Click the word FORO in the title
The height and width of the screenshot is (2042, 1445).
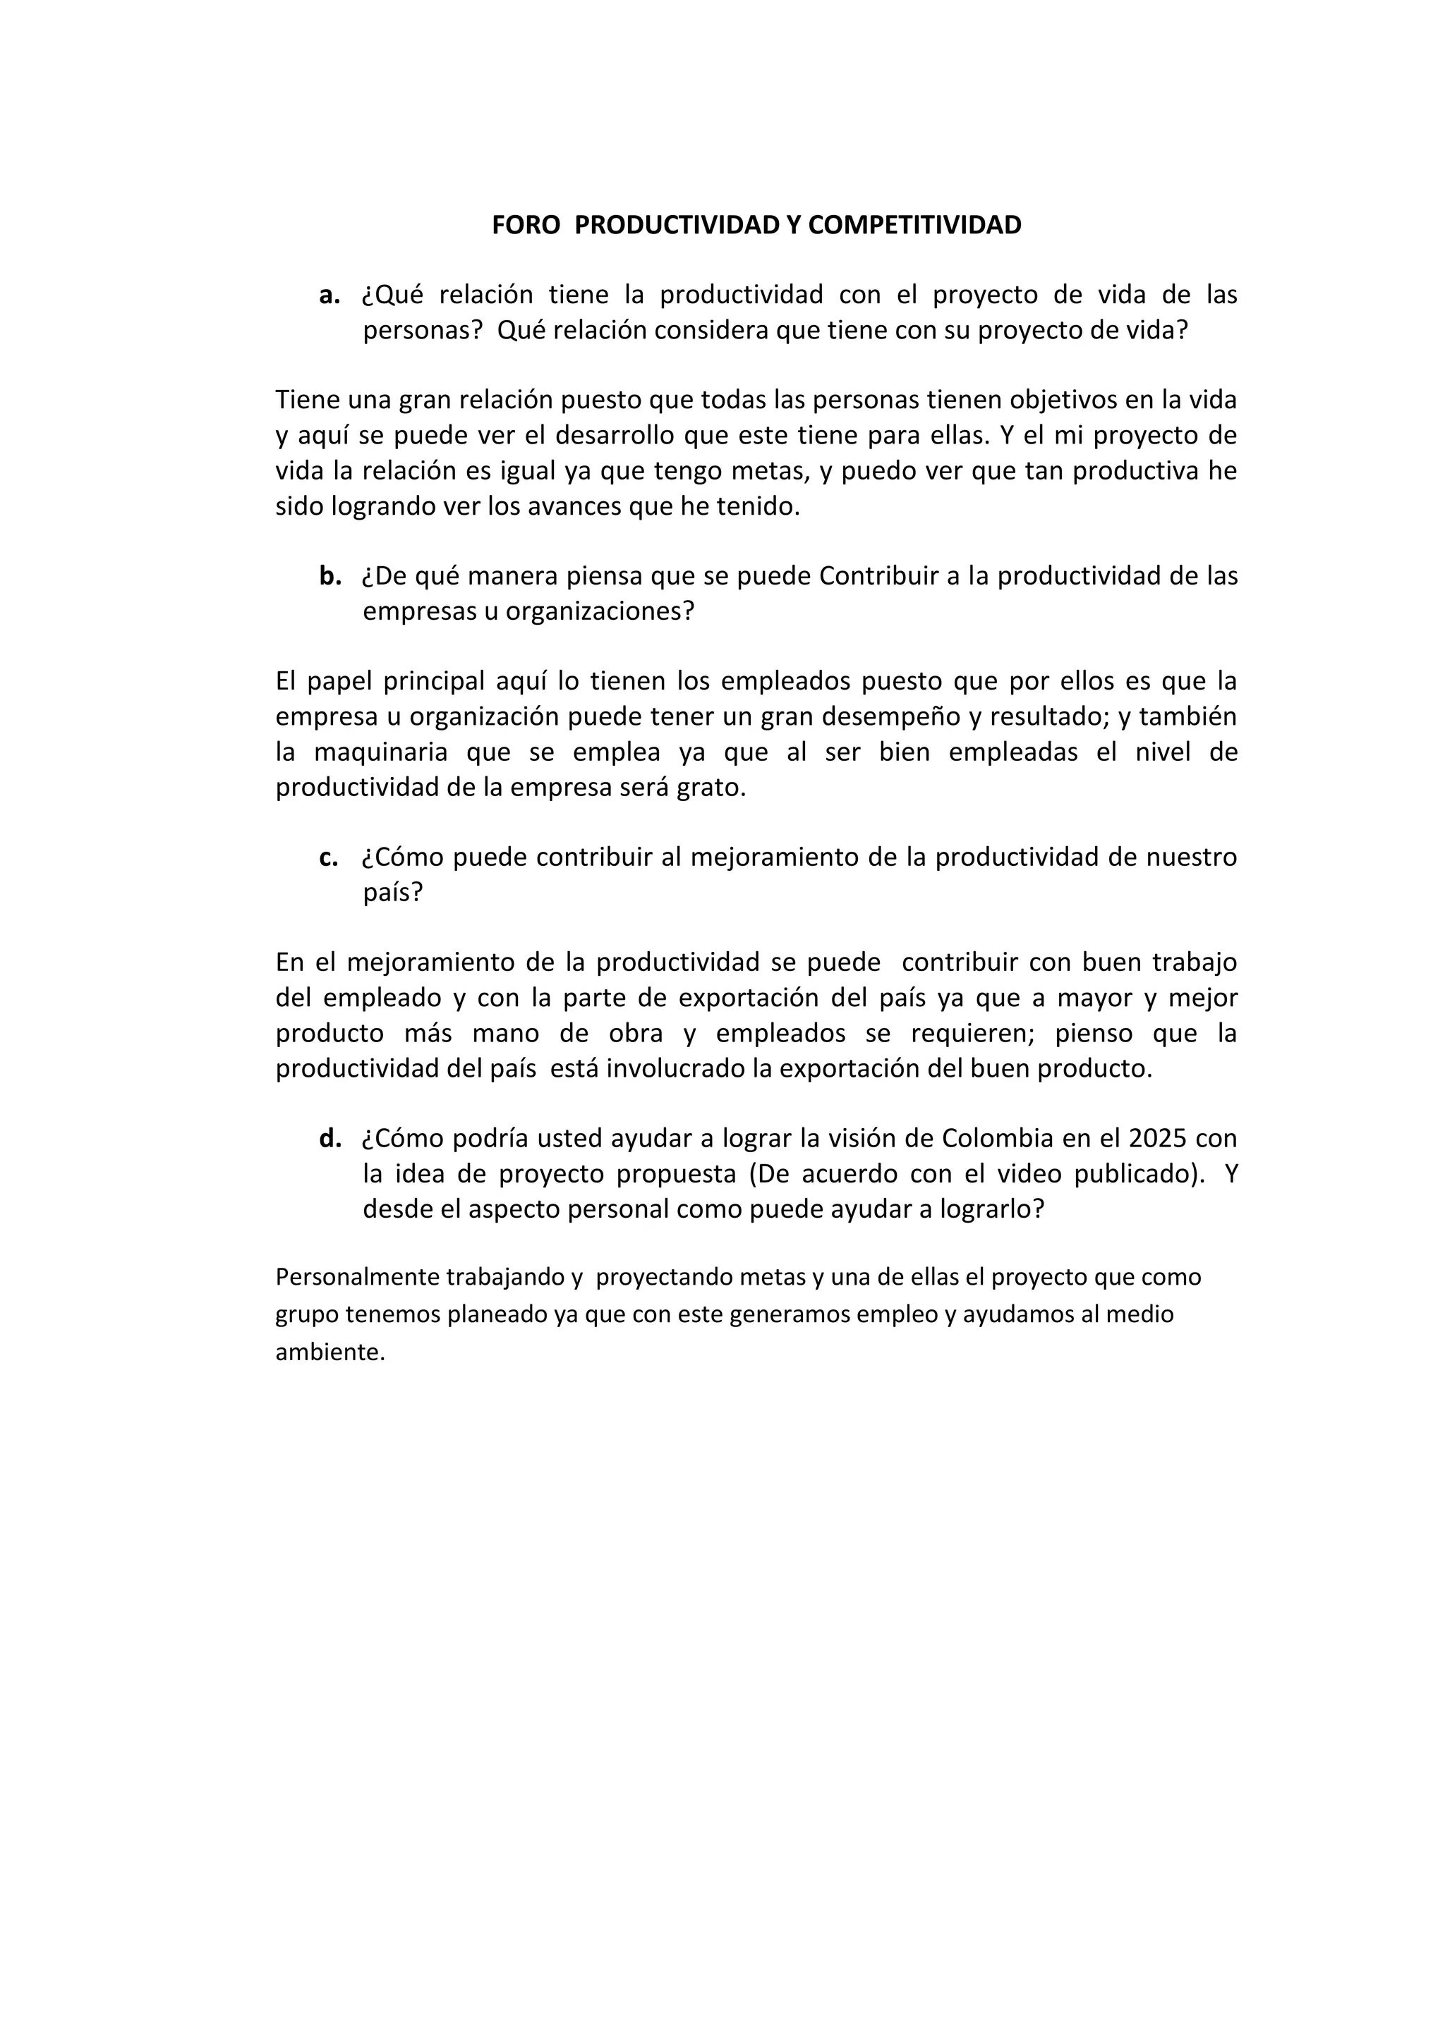(526, 225)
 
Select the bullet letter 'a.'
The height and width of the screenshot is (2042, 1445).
(329, 295)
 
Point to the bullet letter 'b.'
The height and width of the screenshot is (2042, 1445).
(330, 576)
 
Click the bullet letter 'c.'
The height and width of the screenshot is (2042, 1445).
(328, 857)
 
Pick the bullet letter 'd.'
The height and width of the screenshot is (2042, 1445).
(330, 1138)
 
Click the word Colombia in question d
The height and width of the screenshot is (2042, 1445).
(1003, 1138)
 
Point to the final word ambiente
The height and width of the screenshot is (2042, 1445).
(330, 1352)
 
